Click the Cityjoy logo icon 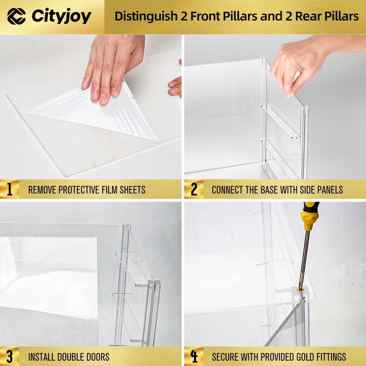tap(16, 16)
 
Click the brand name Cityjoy tap(62, 16)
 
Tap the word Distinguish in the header tap(146, 16)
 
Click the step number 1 tap(9, 189)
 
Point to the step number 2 tap(194, 189)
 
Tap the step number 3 tap(9, 357)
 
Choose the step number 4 tap(194, 357)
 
